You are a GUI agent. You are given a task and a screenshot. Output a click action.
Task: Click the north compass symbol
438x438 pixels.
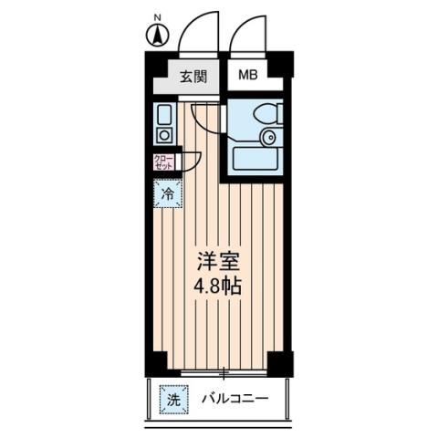tap(156, 37)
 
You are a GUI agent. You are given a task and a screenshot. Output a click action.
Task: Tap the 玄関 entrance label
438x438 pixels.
tap(192, 76)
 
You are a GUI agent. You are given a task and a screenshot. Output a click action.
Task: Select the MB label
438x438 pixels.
tap(248, 76)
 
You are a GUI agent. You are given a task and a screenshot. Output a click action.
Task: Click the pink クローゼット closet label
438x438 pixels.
tap(163, 163)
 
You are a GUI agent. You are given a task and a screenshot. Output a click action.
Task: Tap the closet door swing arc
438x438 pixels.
tap(193, 161)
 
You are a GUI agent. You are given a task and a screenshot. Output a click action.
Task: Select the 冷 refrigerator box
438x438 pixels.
tap(167, 193)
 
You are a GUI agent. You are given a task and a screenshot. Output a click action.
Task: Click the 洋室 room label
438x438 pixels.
tap(216, 260)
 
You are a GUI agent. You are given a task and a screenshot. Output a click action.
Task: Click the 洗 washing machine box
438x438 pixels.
tap(171, 399)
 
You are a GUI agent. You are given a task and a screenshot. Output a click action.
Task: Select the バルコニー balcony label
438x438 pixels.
tap(234, 399)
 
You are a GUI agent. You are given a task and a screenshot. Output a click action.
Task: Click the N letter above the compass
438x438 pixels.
tap(156, 18)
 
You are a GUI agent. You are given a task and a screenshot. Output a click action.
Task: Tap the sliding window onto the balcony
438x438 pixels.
tap(224, 372)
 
